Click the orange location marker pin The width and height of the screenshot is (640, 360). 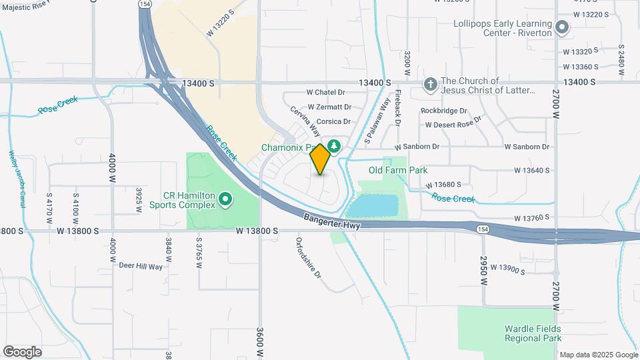(321, 159)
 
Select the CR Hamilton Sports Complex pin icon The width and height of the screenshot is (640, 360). (225, 199)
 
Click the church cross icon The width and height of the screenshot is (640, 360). (431, 85)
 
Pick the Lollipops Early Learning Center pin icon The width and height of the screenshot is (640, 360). (562, 28)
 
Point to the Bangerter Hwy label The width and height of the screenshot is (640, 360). (331, 222)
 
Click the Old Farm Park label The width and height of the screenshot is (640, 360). (398, 170)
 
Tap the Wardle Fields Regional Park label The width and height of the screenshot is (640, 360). (533, 333)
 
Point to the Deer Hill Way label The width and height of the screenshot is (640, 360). (141, 266)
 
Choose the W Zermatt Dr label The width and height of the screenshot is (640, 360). (329, 107)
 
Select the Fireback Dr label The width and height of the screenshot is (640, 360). (398, 108)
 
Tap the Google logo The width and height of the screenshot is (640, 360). (22, 352)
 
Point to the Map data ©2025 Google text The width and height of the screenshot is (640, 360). (598, 355)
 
